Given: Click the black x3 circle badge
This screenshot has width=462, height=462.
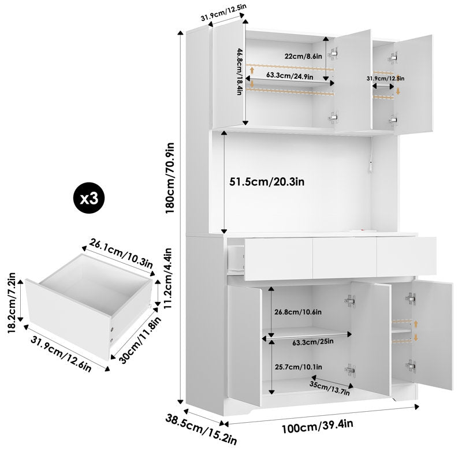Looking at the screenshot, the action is pyautogui.click(x=89, y=199).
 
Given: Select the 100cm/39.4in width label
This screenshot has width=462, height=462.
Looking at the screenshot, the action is pyautogui.click(x=317, y=426).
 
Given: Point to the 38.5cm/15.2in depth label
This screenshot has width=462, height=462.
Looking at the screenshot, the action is pyautogui.click(x=201, y=430).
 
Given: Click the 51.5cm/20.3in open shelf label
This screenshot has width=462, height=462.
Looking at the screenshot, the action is pyautogui.click(x=267, y=181).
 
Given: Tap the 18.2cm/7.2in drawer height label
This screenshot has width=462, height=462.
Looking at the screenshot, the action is pyautogui.click(x=12, y=303).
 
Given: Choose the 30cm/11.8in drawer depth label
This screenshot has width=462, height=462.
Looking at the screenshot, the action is pyautogui.click(x=140, y=340).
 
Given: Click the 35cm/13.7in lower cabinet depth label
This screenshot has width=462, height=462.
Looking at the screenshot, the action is pyautogui.click(x=330, y=388).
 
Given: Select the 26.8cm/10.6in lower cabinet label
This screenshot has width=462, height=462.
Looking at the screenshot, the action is pyautogui.click(x=298, y=312).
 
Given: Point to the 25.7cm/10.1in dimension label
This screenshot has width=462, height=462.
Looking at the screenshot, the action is pyautogui.click(x=298, y=367).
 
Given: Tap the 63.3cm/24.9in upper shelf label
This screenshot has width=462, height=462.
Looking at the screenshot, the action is pyautogui.click(x=290, y=76).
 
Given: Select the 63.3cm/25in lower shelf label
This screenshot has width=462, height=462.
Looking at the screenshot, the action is pyautogui.click(x=313, y=342).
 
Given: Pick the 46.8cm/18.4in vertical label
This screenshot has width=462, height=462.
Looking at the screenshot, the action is pyautogui.click(x=239, y=72).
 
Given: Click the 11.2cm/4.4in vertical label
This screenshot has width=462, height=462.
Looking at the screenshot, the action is pyautogui.click(x=168, y=278).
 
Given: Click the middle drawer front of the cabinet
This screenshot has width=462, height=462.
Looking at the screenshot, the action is pyautogui.click(x=345, y=258).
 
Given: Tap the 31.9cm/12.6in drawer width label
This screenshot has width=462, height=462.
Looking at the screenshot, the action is pyautogui.click(x=61, y=354).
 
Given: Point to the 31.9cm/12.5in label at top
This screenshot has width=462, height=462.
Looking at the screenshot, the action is pyautogui.click(x=223, y=13).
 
